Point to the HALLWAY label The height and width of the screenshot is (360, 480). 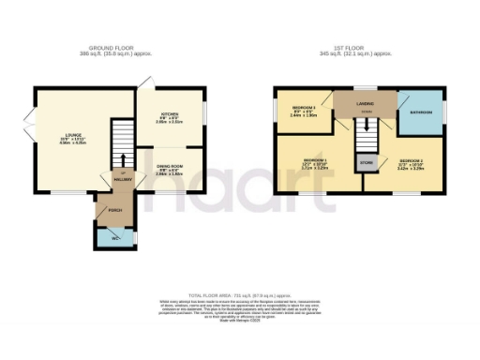tap(120, 178)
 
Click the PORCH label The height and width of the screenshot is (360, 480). tap(114, 210)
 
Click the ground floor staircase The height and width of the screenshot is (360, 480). tap(122, 141)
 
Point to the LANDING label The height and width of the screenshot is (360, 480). tap(367, 105)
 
